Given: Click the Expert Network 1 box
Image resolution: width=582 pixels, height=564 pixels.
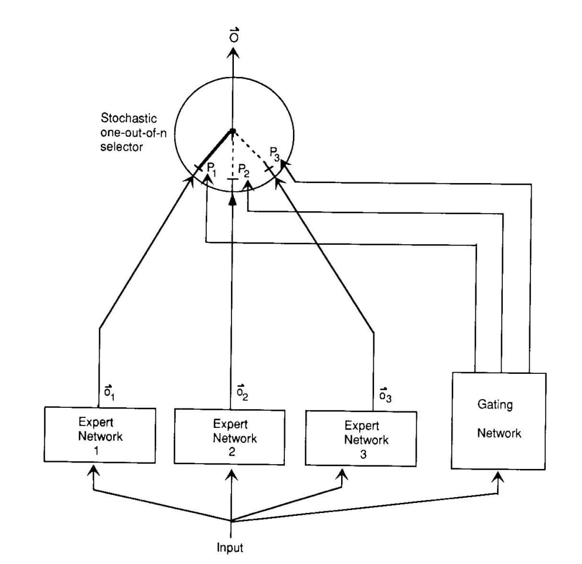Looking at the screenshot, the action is pos(100,435).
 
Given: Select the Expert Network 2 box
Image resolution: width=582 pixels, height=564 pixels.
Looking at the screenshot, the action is pos(230,437).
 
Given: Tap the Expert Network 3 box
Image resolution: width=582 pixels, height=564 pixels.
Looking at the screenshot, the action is pos(361,438).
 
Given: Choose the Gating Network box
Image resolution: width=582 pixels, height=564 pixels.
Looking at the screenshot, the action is pos(499,421).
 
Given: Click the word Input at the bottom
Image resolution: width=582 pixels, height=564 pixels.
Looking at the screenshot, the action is pos(230,547).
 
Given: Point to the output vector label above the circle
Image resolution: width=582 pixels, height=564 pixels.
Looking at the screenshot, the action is pos(234,35).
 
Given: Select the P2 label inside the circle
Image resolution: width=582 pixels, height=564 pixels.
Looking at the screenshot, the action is pos(243,170).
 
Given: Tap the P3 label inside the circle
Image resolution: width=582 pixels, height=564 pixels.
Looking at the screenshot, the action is pos(275,154).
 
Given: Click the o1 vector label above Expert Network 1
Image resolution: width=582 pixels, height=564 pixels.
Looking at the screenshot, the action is pos(109,393).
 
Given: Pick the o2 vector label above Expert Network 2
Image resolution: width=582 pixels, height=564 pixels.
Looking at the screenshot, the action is pos(242,393).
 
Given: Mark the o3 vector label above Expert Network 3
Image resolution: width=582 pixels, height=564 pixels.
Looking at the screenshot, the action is pos(385,395).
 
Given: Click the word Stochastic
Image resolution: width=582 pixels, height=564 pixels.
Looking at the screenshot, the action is pos(129,119).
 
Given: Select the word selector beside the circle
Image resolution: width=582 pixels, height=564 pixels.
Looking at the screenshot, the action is pos(122,147).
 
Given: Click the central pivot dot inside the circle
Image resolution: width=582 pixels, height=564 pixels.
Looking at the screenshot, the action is pos(233,131).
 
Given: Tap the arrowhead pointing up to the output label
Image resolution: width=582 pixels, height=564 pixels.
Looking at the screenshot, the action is pos(233,54).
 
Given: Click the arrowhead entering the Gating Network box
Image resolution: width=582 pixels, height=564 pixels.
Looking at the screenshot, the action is pos(498,476).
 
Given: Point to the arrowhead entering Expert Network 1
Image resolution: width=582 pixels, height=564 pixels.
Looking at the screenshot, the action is pos(93,470).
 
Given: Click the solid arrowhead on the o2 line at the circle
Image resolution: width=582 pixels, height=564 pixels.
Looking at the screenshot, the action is pos(232,199).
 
